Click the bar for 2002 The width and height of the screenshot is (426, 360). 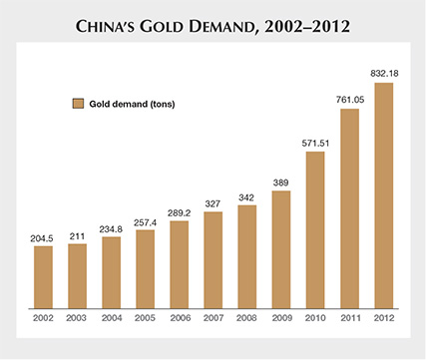pos(43,274)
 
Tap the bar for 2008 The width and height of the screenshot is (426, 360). pos(246,254)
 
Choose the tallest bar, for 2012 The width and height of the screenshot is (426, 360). pos(382,193)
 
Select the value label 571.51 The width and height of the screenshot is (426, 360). pos(314,143)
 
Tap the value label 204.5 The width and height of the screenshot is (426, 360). pos(43,237)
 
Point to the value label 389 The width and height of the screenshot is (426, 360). pos(280,181)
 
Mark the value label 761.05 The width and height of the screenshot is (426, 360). pos(348,99)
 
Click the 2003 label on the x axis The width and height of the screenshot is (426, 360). pos(77,317)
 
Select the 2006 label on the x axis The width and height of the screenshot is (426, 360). pos(179,317)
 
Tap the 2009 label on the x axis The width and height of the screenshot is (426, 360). pos(280,317)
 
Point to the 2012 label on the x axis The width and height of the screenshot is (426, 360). pos(382,317)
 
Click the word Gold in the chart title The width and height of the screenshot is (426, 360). pos(178,23)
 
